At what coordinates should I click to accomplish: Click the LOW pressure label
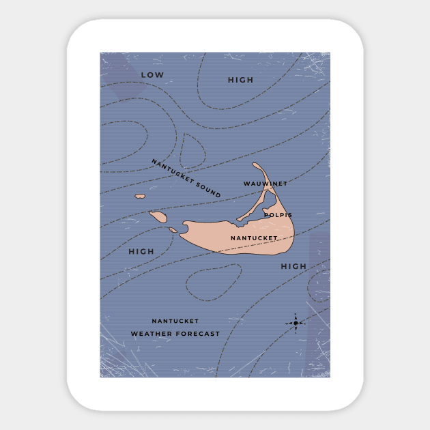[x=153, y=75]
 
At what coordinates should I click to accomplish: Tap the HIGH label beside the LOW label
[x=240, y=81]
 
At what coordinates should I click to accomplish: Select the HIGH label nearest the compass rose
[x=293, y=266]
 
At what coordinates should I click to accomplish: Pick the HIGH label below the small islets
[x=141, y=252]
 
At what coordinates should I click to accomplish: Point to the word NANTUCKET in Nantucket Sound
[x=170, y=169]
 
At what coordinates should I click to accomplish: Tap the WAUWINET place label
[x=265, y=184]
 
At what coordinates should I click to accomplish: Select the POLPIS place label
[x=278, y=215]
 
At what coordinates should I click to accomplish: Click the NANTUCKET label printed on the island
[x=254, y=238]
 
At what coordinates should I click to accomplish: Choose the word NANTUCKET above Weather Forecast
[x=175, y=321]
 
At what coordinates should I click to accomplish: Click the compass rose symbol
[x=296, y=323]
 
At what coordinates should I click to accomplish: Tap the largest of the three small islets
[x=158, y=217]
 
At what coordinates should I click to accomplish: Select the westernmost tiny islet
[x=140, y=197]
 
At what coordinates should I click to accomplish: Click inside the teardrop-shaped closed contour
[x=192, y=151]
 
